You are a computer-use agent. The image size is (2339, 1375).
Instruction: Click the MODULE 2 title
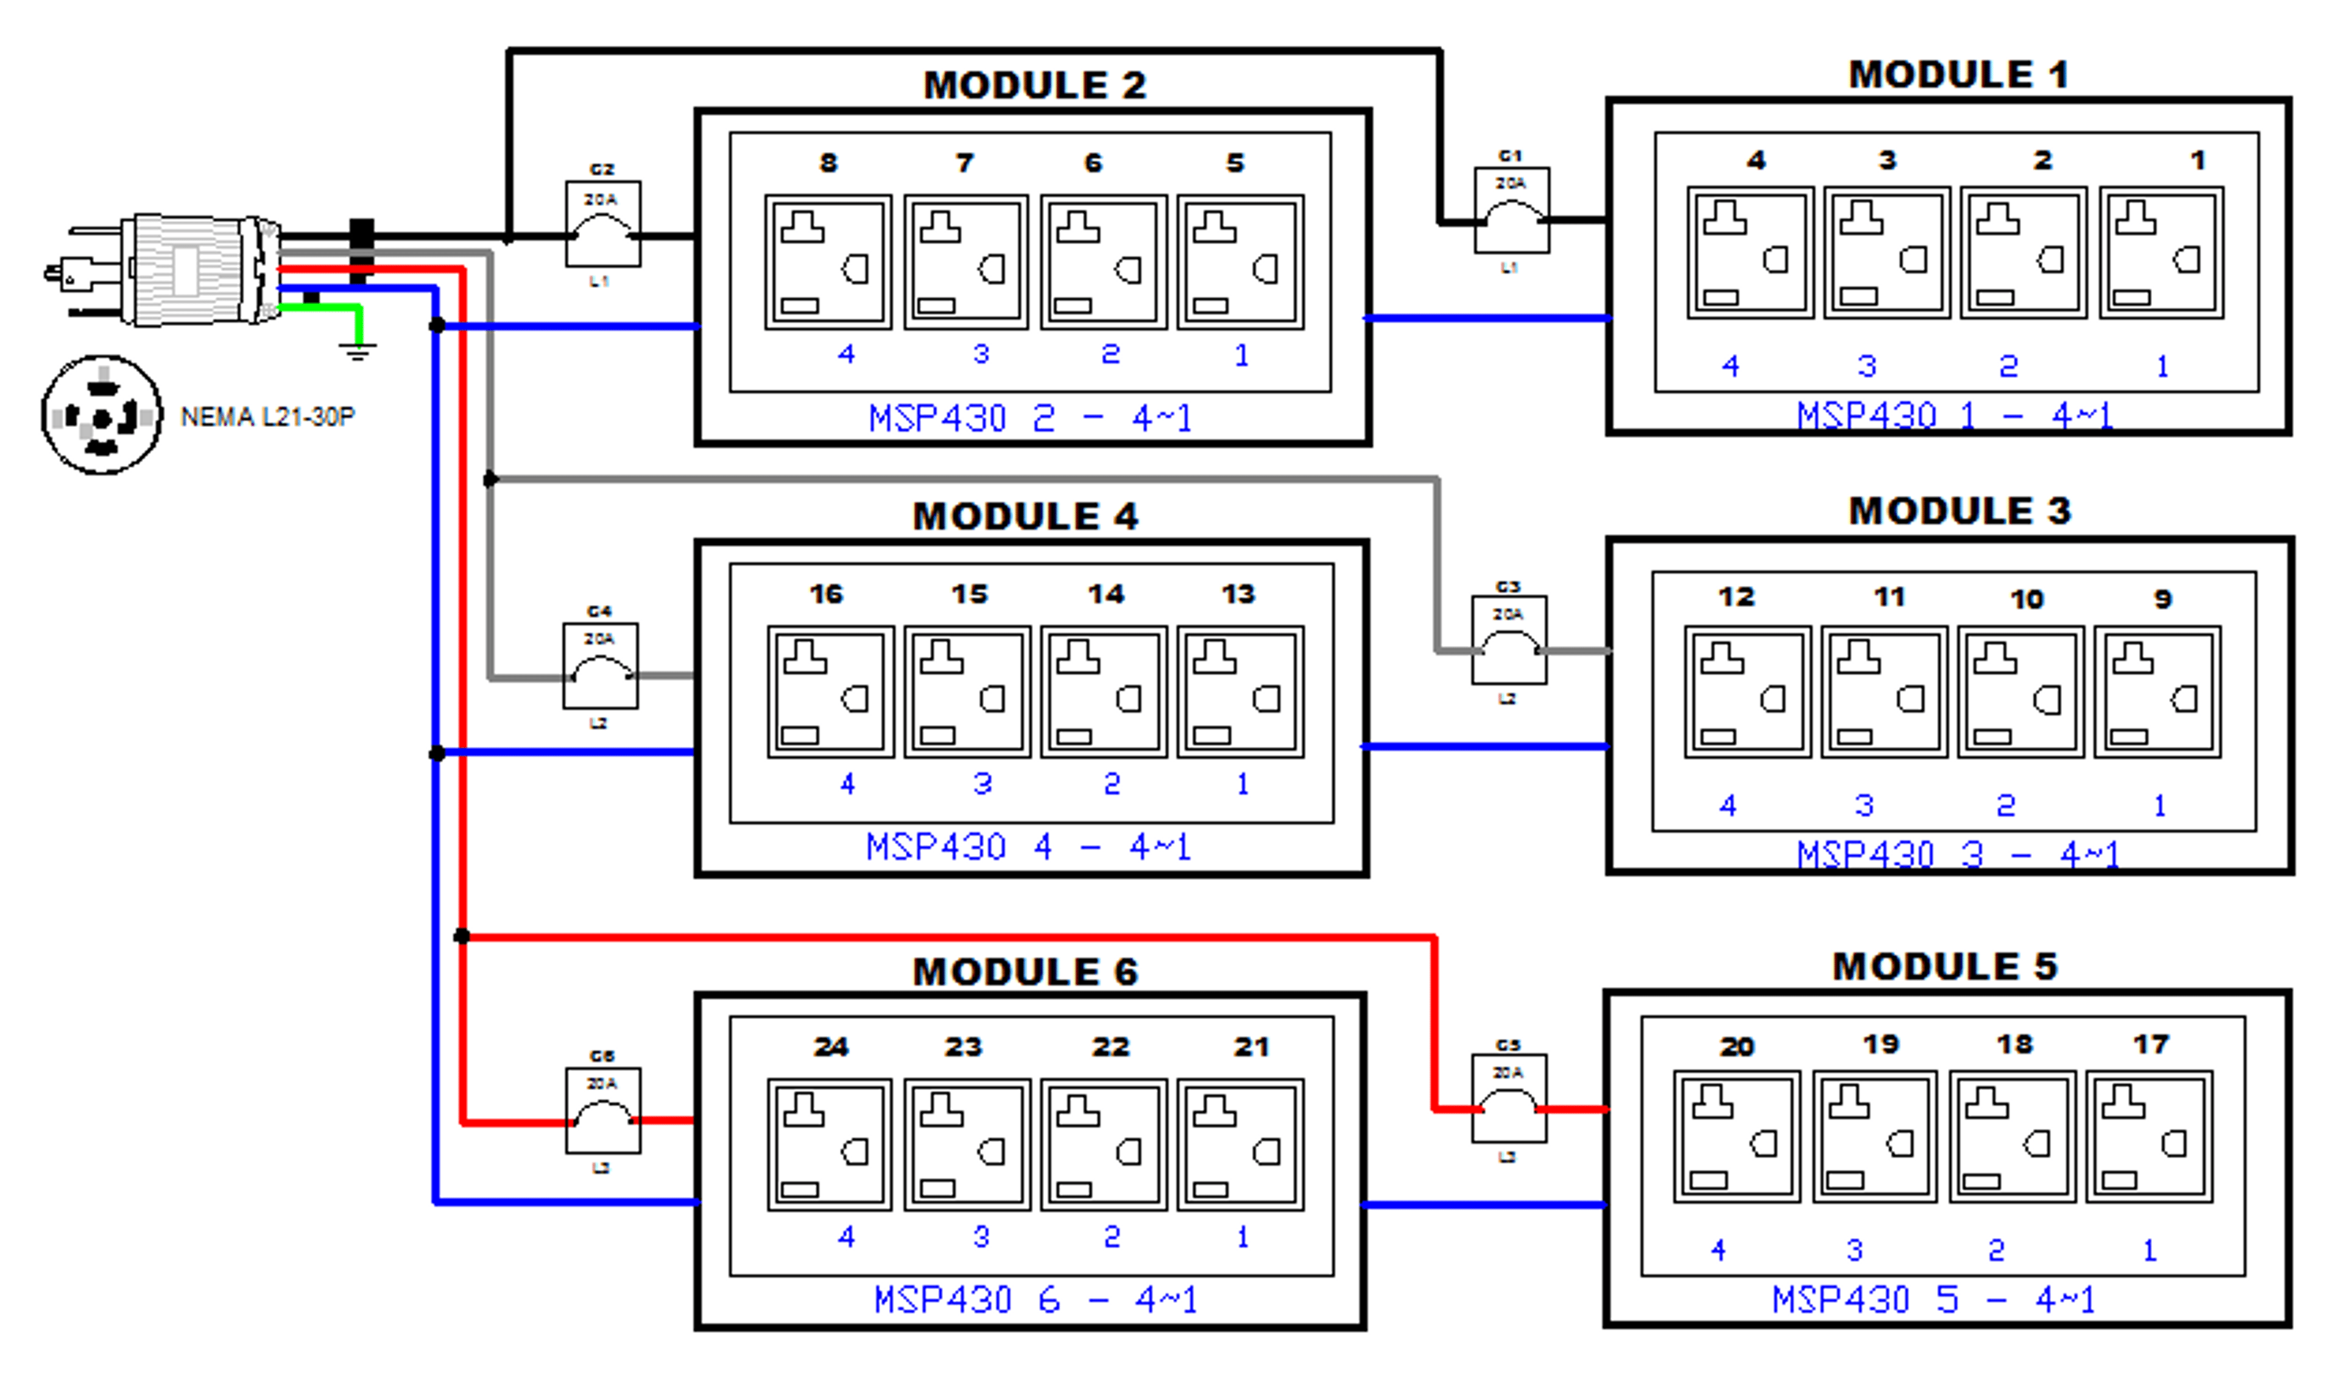[x=1035, y=85]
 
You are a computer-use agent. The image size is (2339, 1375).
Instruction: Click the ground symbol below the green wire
[x=358, y=350]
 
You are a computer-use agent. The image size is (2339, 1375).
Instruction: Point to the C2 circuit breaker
[x=602, y=225]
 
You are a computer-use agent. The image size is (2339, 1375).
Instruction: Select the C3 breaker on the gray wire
[x=1508, y=640]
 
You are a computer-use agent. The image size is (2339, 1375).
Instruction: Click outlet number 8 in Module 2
[x=827, y=262]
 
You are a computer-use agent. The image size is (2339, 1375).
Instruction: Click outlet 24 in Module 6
[x=829, y=1144]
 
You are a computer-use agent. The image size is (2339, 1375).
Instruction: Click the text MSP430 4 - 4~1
[x=1028, y=847]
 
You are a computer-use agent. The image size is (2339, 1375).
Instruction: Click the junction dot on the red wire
[x=461, y=936]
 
